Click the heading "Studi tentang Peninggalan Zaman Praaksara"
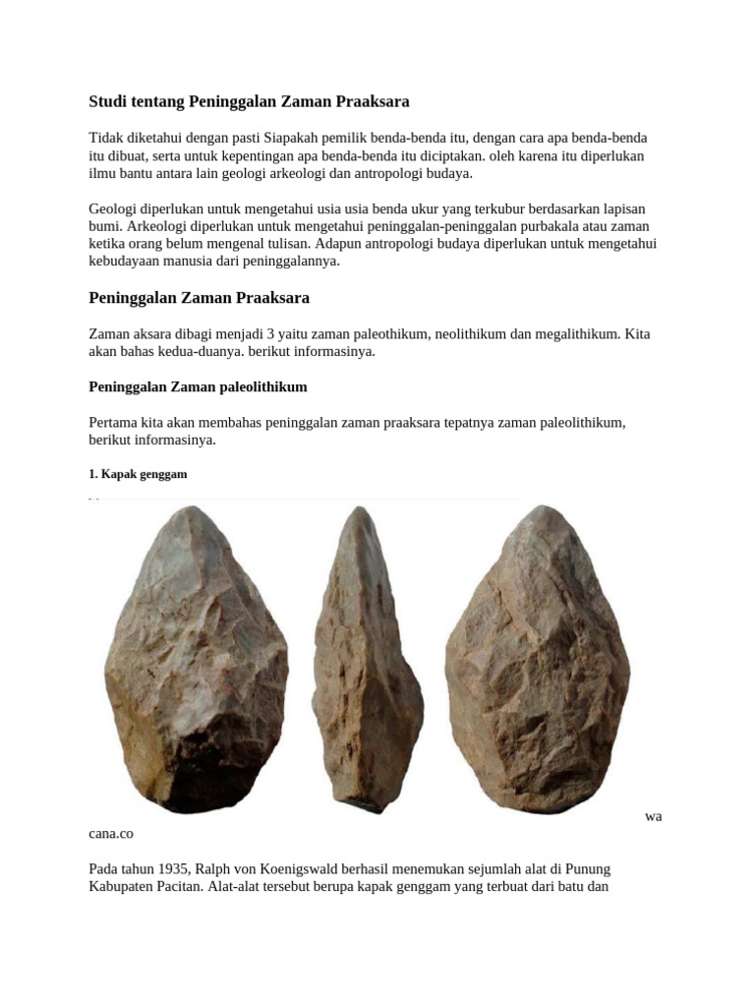[x=249, y=101]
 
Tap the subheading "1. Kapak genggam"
[x=138, y=474]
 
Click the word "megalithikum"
[x=577, y=334]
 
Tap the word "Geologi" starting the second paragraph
[x=113, y=209]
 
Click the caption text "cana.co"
[x=110, y=834]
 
